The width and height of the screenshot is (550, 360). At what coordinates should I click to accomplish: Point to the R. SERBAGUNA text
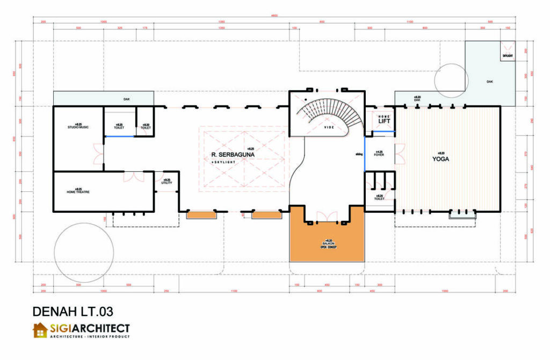click(232, 155)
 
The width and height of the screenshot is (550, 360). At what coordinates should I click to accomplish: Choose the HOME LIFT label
click(384, 120)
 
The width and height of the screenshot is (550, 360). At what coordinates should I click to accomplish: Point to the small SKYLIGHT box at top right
click(508, 55)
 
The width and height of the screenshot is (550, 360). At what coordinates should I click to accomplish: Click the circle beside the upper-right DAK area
click(450, 81)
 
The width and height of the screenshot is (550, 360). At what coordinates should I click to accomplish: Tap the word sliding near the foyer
click(359, 153)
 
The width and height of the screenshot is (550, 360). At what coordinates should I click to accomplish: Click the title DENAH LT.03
click(73, 311)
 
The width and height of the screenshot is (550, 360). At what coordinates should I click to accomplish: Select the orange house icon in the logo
click(40, 330)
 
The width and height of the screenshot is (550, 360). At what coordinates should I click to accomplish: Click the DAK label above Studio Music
click(126, 99)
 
